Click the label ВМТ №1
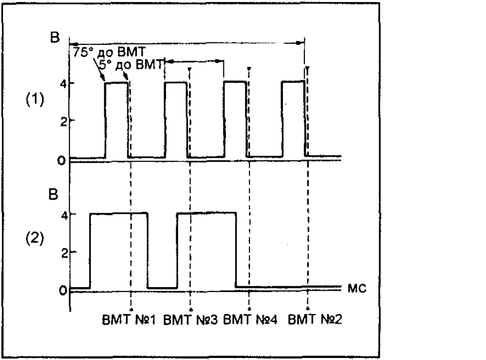[x=129, y=320]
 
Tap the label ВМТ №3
[x=190, y=320]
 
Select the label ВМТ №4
[x=250, y=320]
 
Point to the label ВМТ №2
[x=315, y=320]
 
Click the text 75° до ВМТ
[x=109, y=52]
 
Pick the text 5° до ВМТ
[x=131, y=65]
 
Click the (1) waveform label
[x=35, y=99]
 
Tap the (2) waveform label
[x=35, y=238]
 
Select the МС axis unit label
[x=357, y=289]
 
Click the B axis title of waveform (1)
[x=54, y=37]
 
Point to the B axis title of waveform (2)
[x=53, y=194]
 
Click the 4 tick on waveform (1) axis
[x=64, y=84]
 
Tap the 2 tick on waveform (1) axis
[x=63, y=122]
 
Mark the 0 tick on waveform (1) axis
[x=62, y=161]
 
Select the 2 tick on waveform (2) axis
[x=64, y=254]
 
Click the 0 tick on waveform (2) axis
[x=63, y=291]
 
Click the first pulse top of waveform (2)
[x=119, y=213]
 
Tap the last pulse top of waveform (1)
[x=293, y=81]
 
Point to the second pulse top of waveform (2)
[x=207, y=213]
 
